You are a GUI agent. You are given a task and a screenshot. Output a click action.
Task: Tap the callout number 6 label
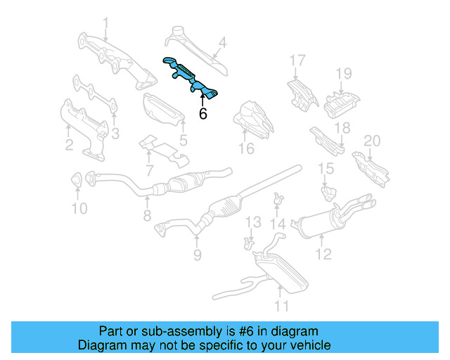click(x=203, y=113)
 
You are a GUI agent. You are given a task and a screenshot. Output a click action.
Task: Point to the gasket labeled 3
click(x=95, y=95)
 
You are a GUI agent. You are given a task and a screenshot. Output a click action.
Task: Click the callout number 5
click(x=183, y=140)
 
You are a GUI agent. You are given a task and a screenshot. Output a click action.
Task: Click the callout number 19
click(x=342, y=73)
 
